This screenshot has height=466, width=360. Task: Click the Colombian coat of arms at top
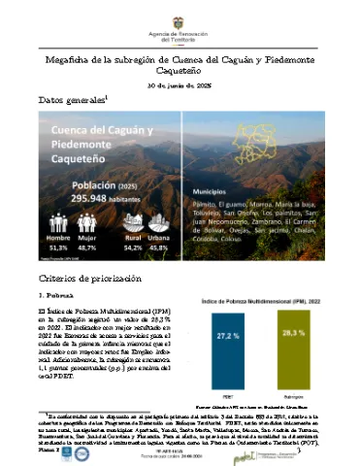[180, 13]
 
